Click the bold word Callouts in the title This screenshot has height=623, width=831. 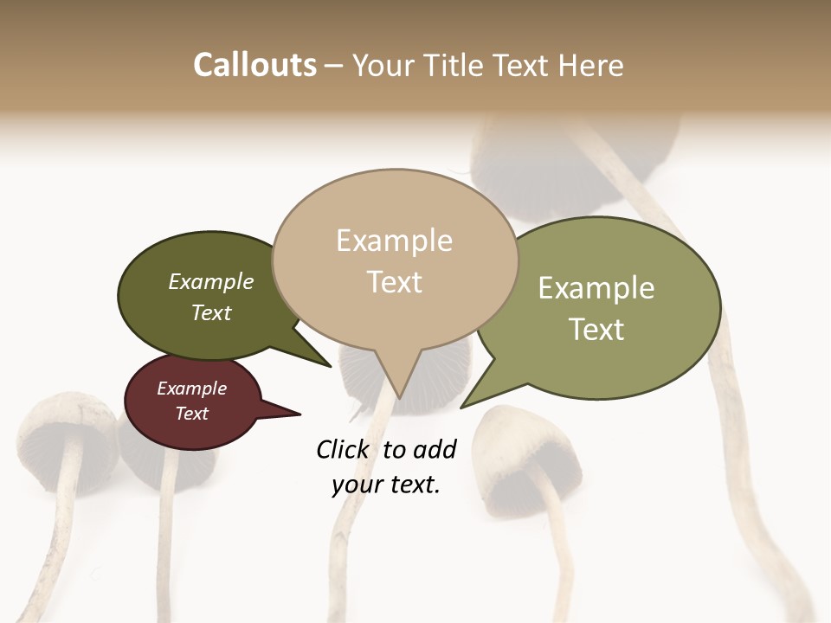[254, 65]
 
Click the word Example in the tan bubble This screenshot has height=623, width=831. [394, 241]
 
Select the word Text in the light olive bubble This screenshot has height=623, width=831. [596, 330]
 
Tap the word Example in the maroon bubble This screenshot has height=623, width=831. [191, 389]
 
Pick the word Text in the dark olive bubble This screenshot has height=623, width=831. [211, 312]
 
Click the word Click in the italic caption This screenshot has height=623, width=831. [344, 449]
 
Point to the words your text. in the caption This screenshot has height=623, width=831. [386, 485]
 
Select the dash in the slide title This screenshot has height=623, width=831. [334, 66]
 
